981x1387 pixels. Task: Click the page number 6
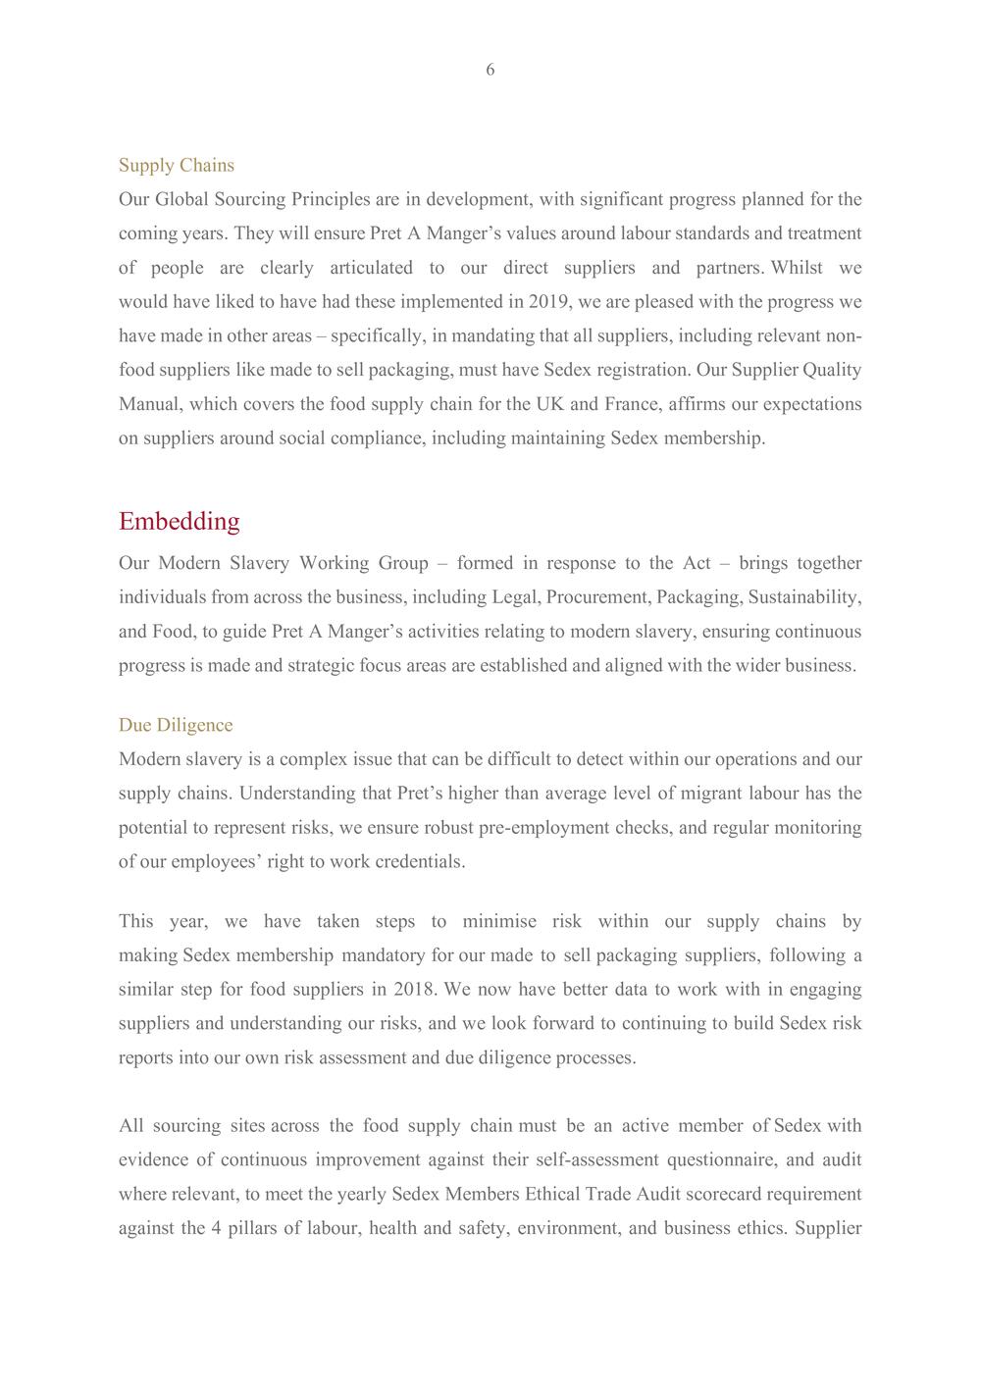pos(490,70)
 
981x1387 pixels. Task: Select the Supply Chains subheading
pos(177,165)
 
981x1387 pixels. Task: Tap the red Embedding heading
pos(179,521)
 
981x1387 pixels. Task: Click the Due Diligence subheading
pos(176,725)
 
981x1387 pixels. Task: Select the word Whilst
pos(797,268)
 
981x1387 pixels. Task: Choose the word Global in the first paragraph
pos(182,199)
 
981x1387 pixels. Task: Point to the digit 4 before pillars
pos(215,1228)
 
